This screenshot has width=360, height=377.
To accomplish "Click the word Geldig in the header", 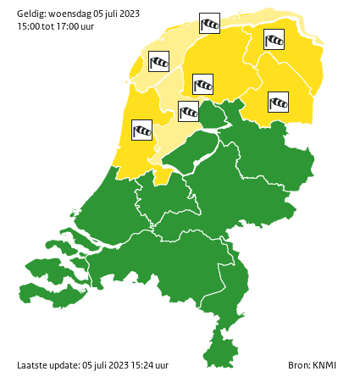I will (x=30, y=12).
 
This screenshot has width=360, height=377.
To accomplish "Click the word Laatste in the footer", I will (x=32, y=365).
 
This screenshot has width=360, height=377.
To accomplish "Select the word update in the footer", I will (x=66, y=365).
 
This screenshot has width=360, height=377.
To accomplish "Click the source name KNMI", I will (x=324, y=365).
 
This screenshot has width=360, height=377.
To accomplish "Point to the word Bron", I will (x=298, y=365).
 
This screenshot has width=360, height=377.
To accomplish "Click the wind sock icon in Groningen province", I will (x=274, y=39).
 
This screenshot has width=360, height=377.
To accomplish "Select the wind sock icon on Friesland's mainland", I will (x=203, y=84).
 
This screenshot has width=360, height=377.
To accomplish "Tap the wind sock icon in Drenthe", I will (x=279, y=102).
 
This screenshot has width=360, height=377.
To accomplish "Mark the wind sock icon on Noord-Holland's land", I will (x=142, y=130).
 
